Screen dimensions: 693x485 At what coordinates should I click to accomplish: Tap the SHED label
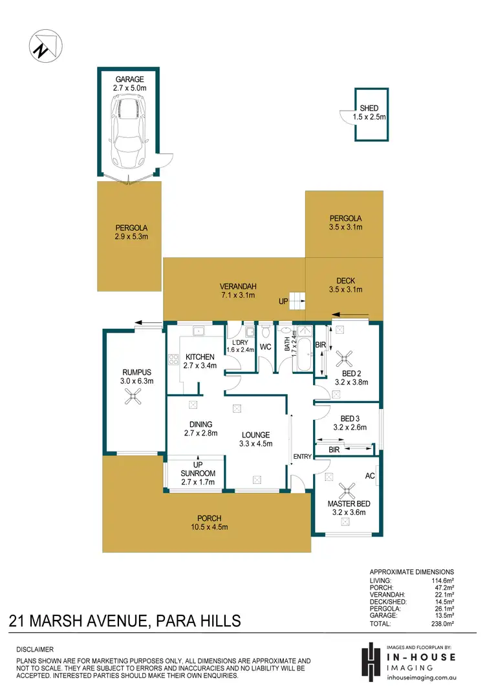(369, 108)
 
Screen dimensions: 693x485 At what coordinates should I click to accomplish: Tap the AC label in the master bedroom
(369, 476)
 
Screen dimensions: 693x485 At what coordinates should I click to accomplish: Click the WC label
(266, 347)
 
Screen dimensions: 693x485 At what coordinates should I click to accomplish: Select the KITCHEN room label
(199, 357)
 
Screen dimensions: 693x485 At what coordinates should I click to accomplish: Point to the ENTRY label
(302, 456)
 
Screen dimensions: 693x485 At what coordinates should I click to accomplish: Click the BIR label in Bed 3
(334, 448)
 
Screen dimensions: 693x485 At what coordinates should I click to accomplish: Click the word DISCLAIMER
(36, 648)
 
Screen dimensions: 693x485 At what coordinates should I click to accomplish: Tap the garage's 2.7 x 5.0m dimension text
(130, 88)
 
